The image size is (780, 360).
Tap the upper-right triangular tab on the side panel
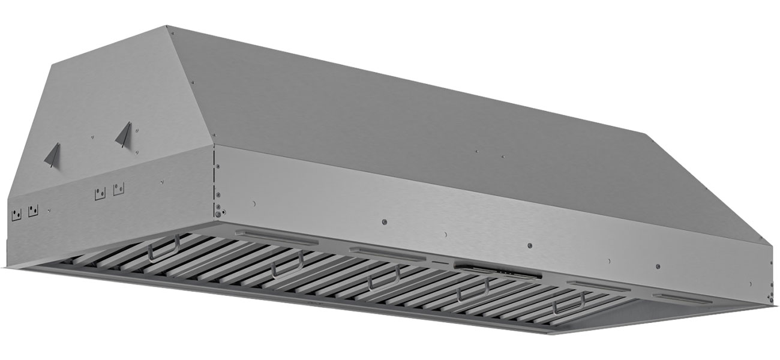coord(124,134)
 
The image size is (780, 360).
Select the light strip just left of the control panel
coord(376,251)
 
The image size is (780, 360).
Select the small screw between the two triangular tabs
coord(94,137)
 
